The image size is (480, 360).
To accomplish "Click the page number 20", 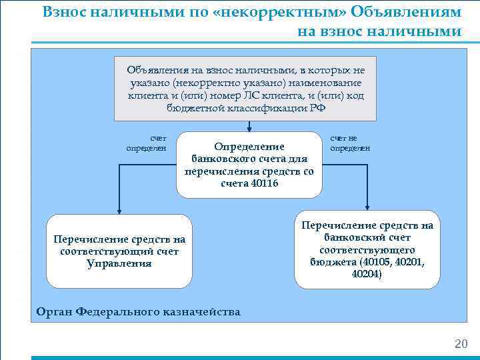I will click(x=461, y=344).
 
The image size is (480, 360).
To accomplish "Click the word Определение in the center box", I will click(x=249, y=147).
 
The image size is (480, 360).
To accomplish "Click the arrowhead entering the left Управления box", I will click(x=119, y=210).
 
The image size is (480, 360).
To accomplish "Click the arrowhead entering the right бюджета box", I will click(x=367, y=210).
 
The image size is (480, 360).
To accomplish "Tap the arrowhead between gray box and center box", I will click(x=249, y=127).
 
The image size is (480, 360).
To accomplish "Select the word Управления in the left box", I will click(x=119, y=263).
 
